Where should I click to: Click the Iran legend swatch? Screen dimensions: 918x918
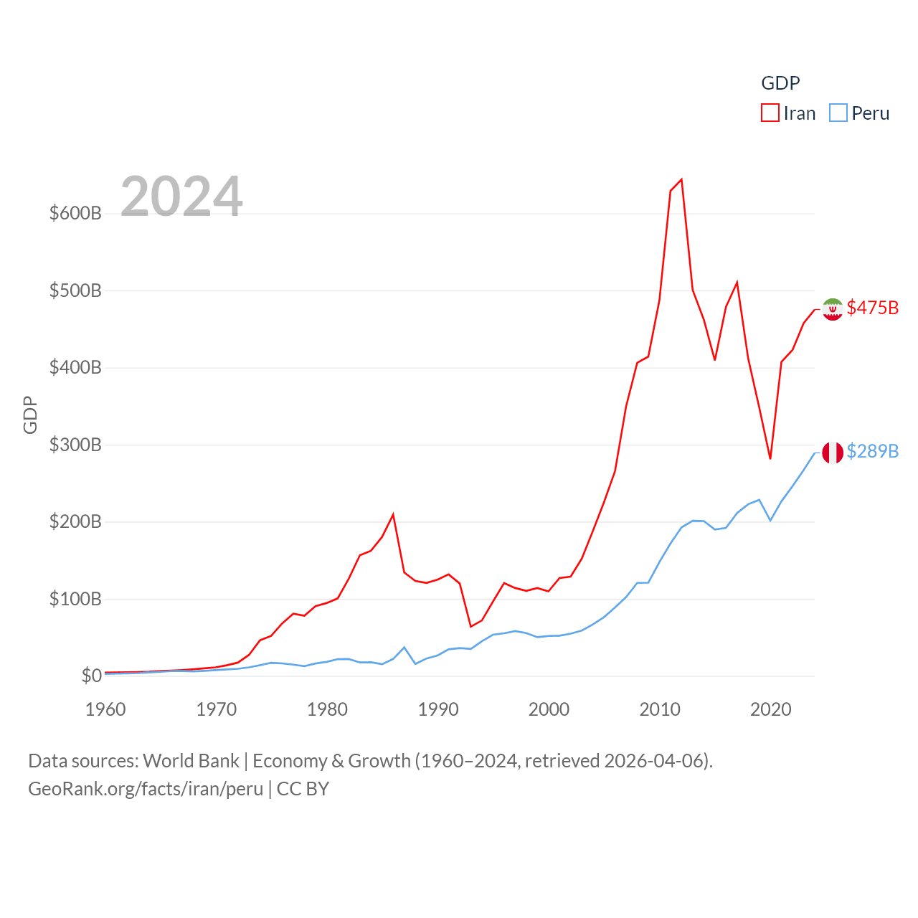(770, 113)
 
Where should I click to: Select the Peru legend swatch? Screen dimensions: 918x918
(838, 113)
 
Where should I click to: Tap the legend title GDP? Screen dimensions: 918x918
(780, 83)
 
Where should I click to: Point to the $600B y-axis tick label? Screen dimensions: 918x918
(75, 213)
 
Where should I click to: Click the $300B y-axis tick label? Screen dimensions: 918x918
(75, 445)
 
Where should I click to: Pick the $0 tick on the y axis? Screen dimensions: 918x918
(91, 676)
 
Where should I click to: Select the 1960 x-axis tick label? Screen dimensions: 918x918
(105, 709)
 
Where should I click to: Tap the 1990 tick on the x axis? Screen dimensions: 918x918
(438, 709)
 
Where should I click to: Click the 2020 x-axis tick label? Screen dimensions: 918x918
(770, 709)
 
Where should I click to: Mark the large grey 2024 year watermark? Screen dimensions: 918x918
(181, 197)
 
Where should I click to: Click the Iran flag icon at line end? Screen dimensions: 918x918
(833, 309)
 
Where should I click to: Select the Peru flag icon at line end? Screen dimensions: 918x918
(833, 453)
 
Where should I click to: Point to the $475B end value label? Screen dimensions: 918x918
(872, 308)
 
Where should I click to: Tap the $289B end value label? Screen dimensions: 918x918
(872, 451)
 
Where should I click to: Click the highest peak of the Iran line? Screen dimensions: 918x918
(681, 179)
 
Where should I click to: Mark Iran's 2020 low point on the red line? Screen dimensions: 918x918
(770, 458)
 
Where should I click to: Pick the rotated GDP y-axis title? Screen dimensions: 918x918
(30, 415)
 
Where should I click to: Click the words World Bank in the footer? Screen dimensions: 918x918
(191, 761)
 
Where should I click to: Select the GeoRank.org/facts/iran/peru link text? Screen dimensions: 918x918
(146, 789)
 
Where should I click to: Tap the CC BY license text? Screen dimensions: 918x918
(303, 789)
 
